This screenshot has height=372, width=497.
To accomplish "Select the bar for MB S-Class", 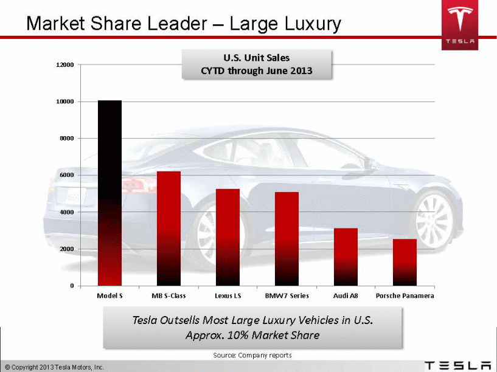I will (x=169, y=229).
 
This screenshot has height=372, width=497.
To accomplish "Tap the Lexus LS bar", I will (x=228, y=237).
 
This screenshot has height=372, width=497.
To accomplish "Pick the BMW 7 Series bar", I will (x=287, y=239).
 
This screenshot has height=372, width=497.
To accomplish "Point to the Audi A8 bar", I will (x=346, y=257).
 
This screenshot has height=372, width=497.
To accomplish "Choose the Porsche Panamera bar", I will (x=405, y=263).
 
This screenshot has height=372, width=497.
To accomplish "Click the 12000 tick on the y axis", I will (x=65, y=64).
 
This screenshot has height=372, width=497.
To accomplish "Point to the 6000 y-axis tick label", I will (x=67, y=175).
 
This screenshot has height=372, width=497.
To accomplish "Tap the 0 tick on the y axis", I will (x=72, y=286).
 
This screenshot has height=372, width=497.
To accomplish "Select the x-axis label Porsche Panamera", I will (x=405, y=296).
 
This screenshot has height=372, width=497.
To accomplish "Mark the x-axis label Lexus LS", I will (x=228, y=296).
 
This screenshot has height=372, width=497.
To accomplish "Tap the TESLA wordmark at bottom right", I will (x=457, y=365).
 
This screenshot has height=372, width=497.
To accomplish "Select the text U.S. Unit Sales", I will (x=256, y=58).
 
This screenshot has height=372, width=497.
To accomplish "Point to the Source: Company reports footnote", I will (x=252, y=355).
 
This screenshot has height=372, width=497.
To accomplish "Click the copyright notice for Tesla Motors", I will (x=54, y=367).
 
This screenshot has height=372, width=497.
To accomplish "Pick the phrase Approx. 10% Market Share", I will (x=252, y=335).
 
